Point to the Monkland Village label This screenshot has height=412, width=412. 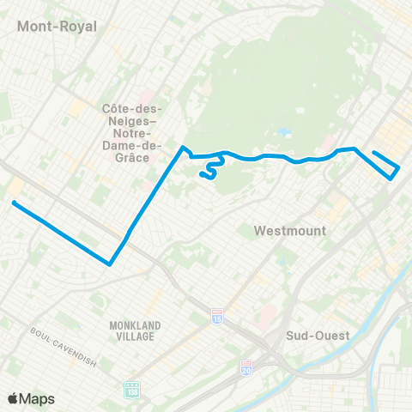pos(132,330)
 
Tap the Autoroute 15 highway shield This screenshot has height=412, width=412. pos(217,315)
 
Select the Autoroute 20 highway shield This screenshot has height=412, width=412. pos(246,367)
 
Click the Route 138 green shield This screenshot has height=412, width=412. pos(130,389)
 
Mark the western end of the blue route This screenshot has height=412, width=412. pos(14,203)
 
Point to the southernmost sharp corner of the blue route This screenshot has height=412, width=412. pos(110,264)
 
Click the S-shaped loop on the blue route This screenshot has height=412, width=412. pos(207,172)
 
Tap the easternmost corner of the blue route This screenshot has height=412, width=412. pos(399,167)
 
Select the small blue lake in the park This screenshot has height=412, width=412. pos(282,133)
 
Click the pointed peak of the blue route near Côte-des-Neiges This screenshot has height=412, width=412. pos(182,148)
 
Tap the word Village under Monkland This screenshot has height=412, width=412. pos(132,336)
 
